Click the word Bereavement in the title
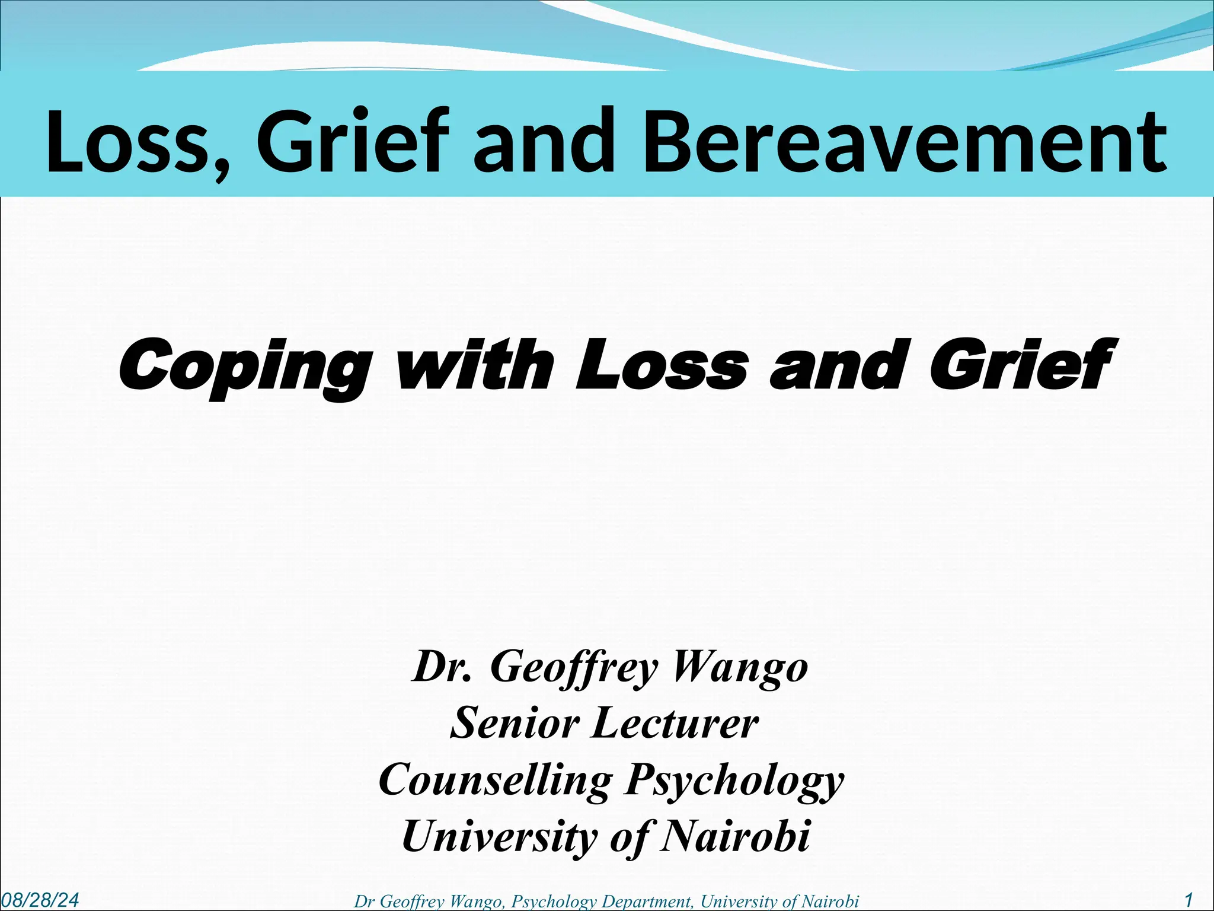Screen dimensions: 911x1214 [x=905, y=142]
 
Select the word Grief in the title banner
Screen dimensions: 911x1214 [x=350, y=142]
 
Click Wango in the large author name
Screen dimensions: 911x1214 [x=740, y=667]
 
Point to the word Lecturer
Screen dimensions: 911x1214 [x=675, y=723]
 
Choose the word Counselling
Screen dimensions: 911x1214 [x=496, y=780]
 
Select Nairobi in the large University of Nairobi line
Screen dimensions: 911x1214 [x=735, y=836]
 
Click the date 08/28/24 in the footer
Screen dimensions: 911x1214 [x=40, y=900]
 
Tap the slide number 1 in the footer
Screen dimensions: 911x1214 [x=1189, y=900]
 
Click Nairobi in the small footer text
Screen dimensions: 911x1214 [x=830, y=902]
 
